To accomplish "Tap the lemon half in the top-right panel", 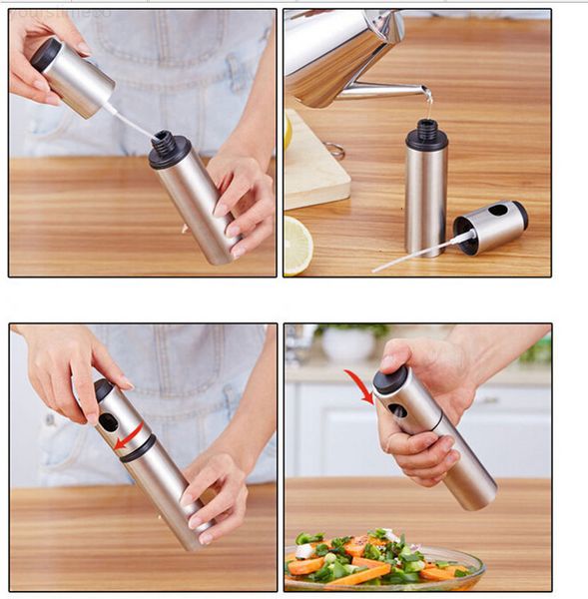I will [x=297, y=245].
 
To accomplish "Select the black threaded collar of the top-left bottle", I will [x=170, y=149].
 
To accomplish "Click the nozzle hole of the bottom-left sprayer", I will [x=107, y=421].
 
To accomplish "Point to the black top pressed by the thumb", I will [x=390, y=378].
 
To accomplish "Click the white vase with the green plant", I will [x=348, y=344].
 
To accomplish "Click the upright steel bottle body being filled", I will [x=426, y=200].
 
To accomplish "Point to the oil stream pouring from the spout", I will [x=428, y=101].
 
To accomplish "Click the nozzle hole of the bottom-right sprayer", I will [x=398, y=410].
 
